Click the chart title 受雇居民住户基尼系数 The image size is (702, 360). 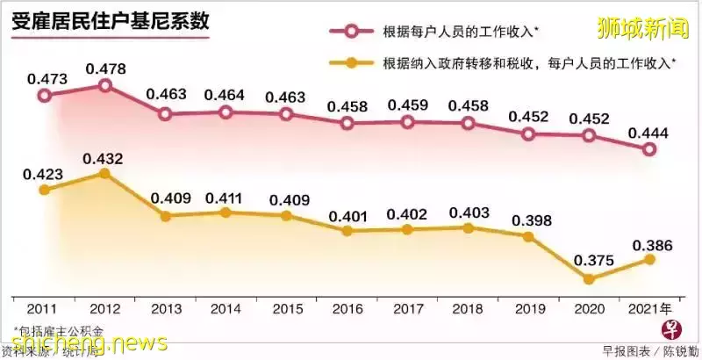(110, 22)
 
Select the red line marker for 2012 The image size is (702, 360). (104, 85)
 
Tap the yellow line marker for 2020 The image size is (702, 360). (589, 278)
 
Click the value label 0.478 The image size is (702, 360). (104, 65)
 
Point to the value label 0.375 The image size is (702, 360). (589, 261)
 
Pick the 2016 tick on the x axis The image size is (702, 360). (347, 308)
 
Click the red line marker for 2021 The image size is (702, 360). (648, 149)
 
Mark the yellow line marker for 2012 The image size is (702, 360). (104, 174)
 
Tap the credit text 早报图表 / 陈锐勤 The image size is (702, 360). (648, 350)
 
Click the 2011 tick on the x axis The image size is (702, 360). (44, 308)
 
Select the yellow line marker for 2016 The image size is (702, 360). (347, 231)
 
